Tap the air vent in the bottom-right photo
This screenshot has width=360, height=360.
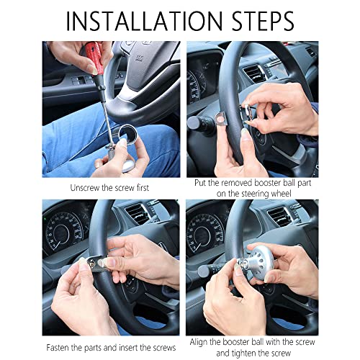coord(279,216)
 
